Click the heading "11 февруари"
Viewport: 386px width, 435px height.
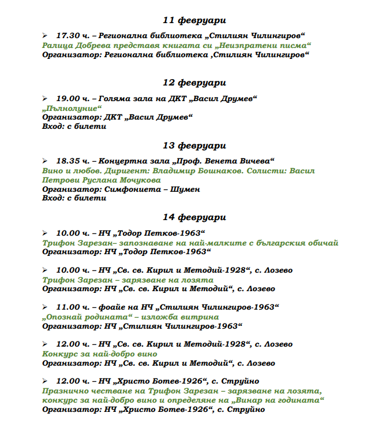click(x=194, y=20)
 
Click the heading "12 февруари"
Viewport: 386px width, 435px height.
click(x=194, y=83)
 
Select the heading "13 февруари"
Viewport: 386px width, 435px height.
click(x=194, y=146)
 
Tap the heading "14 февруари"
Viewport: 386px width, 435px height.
click(x=194, y=218)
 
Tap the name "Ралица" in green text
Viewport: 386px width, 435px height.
click(x=57, y=45)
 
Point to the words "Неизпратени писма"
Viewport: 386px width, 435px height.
click(x=268, y=45)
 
